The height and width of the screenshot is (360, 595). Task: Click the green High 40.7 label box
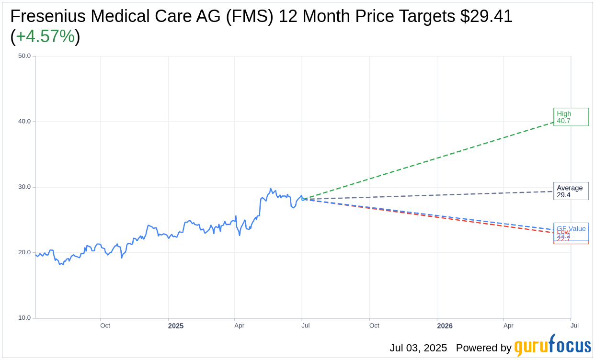(571, 117)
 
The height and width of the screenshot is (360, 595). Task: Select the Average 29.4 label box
(571, 191)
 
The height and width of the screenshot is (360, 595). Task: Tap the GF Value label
(571, 228)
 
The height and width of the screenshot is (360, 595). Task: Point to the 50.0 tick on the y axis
(24, 56)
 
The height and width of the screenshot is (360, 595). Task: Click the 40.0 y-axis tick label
(24, 122)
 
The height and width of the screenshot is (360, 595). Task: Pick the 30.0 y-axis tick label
(24, 187)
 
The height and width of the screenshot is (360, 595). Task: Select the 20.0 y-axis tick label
(24, 253)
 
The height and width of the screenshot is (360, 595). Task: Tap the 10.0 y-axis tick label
(24, 318)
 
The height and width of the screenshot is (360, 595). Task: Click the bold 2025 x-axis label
(175, 326)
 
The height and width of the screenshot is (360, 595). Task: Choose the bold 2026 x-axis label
(445, 326)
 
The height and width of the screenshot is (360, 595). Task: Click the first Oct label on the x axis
(105, 326)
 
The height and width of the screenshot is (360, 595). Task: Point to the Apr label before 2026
(239, 326)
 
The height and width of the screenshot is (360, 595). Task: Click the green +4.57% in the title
(45, 36)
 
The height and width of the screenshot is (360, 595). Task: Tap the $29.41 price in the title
(486, 16)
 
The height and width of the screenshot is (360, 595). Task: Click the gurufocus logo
(552, 346)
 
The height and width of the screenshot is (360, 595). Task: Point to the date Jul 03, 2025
(418, 348)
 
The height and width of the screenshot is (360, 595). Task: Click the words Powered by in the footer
(483, 348)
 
